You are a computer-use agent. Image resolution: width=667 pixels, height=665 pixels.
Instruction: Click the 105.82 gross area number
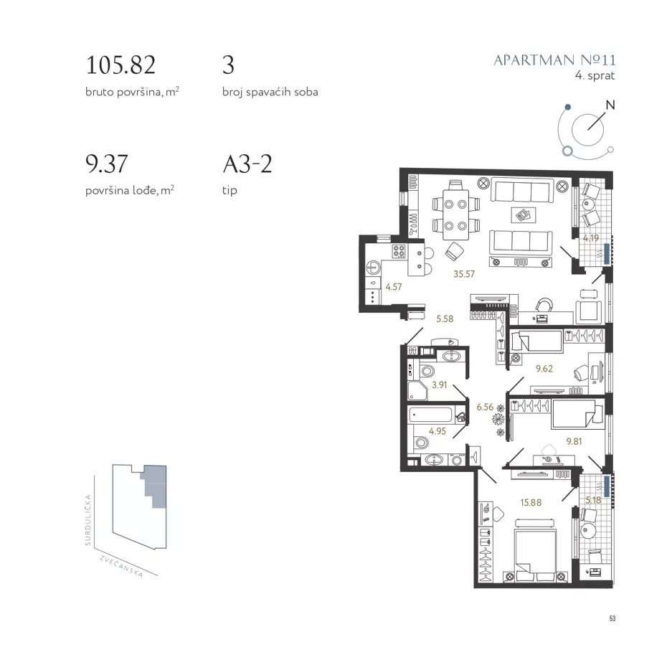[x=120, y=65]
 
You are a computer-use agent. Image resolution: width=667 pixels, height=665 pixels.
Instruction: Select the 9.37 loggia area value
[x=106, y=164]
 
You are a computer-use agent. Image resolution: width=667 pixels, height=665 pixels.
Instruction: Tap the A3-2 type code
[x=247, y=164]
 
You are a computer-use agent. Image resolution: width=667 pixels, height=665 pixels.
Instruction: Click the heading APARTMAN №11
[x=554, y=60]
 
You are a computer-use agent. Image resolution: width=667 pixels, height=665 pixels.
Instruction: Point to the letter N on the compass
[x=610, y=105]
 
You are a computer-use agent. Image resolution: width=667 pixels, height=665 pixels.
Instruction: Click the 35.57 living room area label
[x=463, y=274]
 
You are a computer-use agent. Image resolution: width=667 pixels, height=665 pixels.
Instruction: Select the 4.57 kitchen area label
[x=394, y=287]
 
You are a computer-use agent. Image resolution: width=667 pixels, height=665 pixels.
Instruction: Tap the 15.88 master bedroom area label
[x=531, y=502]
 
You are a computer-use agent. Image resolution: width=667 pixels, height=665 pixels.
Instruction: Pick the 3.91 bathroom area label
[x=440, y=385]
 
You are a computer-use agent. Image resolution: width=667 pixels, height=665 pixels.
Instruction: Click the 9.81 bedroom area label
[x=574, y=442]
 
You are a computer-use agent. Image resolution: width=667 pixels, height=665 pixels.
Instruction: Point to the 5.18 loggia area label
[x=593, y=500]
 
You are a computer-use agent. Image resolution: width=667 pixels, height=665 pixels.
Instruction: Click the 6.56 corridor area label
[x=485, y=407]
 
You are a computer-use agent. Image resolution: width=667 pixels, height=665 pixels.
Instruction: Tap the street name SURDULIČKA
[x=88, y=520]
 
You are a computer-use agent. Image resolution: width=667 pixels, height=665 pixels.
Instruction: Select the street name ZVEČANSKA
[x=121, y=567]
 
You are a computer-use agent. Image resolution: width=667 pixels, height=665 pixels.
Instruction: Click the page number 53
[x=612, y=618]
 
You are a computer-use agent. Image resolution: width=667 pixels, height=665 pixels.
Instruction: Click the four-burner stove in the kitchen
[x=399, y=251]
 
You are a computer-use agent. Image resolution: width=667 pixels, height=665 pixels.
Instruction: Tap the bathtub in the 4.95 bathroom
[x=430, y=415]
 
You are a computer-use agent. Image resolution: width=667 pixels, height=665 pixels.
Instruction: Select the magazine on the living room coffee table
[x=524, y=215]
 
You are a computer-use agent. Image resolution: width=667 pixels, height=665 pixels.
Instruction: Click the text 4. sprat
[x=595, y=76]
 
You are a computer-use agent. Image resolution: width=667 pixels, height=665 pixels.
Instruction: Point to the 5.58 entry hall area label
[x=445, y=319]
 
